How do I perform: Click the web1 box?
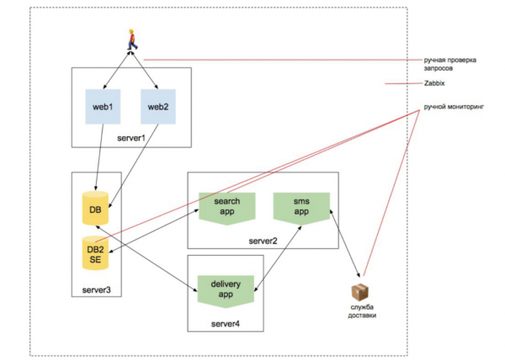click(x=104, y=107)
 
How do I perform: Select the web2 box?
click(x=158, y=107)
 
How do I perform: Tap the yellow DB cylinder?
click(x=94, y=208)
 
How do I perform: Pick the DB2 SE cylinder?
click(x=94, y=251)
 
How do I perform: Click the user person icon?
click(x=131, y=40)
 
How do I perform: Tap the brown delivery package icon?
click(x=360, y=293)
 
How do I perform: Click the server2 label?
click(x=263, y=241)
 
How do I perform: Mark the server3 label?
click(x=96, y=289)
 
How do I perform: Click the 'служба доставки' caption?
click(x=362, y=314)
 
